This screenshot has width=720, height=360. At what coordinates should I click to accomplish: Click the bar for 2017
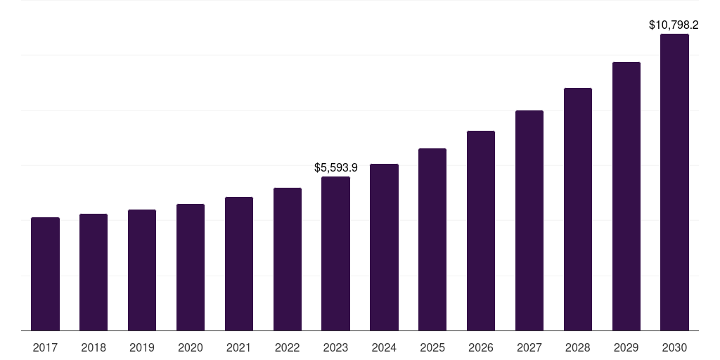(x=45, y=274)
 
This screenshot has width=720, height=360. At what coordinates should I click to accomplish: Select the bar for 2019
(x=142, y=270)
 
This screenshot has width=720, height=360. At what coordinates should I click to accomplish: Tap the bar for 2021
(x=239, y=264)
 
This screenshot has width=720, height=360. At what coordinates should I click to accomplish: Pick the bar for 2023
(x=335, y=253)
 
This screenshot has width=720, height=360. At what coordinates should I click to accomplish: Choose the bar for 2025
(x=432, y=239)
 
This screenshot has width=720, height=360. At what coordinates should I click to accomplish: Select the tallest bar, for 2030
(x=674, y=182)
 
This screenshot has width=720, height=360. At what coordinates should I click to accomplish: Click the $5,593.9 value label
(x=335, y=167)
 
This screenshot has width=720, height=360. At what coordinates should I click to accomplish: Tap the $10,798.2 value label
(x=674, y=25)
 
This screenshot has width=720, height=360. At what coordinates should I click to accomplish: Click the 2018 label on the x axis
(x=94, y=347)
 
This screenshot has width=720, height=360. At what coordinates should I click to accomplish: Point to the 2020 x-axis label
(x=191, y=347)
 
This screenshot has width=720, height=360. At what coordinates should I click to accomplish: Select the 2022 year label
(x=287, y=347)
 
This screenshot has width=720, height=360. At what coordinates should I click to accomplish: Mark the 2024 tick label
(x=384, y=347)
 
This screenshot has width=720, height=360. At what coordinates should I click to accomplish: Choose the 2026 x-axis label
(x=481, y=347)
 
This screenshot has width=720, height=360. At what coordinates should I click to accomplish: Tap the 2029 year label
(x=626, y=347)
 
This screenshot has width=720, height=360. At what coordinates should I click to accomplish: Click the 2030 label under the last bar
(x=674, y=347)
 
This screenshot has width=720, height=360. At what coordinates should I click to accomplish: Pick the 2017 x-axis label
(x=45, y=347)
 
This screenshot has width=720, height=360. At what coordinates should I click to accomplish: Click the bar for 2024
(x=384, y=247)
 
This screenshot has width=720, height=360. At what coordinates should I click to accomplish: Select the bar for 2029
(x=626, y=196)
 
